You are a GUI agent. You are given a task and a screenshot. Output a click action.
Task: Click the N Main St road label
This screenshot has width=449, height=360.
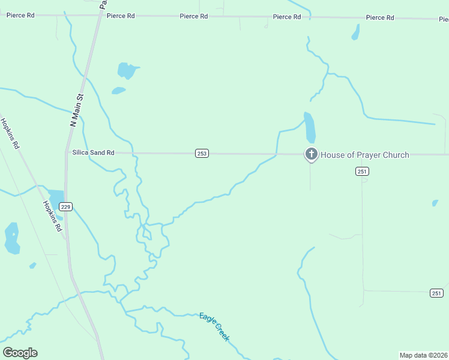(x=77, y=109)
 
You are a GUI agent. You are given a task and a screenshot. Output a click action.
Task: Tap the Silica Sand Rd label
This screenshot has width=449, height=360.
(x=93, y=153)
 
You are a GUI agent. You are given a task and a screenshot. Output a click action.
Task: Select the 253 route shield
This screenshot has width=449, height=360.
(x=202, y=154)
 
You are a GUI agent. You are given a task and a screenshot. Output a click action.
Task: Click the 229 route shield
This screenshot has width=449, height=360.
(x=66, y=207)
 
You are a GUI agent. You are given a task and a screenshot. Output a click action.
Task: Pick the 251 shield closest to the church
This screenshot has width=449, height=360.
(x=361, y=172)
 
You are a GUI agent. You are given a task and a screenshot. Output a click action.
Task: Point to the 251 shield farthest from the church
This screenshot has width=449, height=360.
(x=436, y=293)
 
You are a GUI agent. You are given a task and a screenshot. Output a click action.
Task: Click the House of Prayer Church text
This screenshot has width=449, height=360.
(x=364, y=155)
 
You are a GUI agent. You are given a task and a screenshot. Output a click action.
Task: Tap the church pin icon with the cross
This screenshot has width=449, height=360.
(x=311, y=154)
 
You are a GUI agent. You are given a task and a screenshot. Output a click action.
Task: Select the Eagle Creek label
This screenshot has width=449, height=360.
(x=214, y=327)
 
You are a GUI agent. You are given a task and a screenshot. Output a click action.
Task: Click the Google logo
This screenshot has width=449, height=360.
(x=20, y=353)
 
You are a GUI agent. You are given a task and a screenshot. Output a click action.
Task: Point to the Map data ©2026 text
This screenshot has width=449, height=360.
(x=423, y=355)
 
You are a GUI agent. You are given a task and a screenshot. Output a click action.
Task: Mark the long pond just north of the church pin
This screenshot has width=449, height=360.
(x=309, y=127)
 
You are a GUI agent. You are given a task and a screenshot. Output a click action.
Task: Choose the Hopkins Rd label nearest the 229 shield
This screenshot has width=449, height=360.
(x=52, y=216)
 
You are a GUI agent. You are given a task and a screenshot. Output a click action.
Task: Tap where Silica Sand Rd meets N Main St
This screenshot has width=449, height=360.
(x=67, y=152)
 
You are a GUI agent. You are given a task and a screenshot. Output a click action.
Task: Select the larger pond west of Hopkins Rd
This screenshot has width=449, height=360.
(x=11, y=238)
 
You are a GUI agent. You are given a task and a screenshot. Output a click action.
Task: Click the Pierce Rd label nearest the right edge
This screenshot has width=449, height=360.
(x=380, y=18)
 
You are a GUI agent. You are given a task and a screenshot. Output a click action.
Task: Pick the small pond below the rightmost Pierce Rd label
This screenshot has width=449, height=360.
(x=355, y=32)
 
